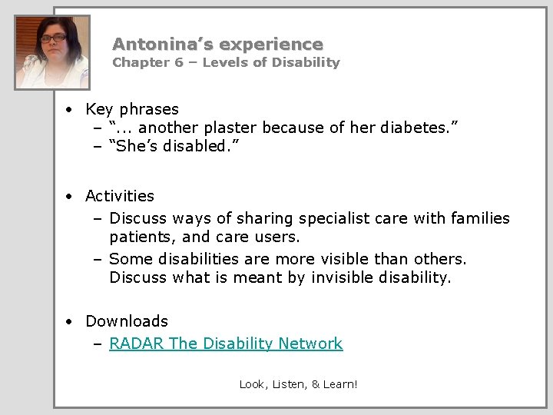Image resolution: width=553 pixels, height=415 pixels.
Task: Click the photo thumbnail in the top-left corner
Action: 52,52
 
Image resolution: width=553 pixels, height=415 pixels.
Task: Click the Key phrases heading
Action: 131,109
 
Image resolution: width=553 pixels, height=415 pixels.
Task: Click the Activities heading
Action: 120,196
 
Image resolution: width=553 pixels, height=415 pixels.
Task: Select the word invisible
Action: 343,277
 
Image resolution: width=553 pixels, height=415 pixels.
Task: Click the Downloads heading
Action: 127,321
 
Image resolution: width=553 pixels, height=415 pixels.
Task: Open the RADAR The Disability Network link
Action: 226,344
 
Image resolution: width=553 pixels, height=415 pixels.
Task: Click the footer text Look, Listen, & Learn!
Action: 298,383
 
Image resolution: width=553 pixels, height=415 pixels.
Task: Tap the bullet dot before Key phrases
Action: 70,110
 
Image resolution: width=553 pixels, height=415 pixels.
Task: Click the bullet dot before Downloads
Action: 70,322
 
